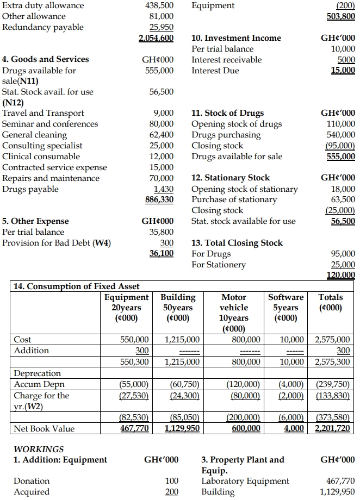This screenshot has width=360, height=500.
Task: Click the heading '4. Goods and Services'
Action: [x=46, y=59]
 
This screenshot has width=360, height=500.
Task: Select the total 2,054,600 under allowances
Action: [x=156, y=38]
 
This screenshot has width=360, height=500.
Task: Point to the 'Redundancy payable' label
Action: [x=44, y=27]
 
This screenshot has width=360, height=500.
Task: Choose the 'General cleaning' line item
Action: [x=35, y=135]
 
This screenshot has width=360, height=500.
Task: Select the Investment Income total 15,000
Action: [x=343, y=71]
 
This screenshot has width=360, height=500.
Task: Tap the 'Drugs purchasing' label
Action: [x=226, y=135]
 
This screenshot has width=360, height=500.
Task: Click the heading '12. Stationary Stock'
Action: [x=231, y=178]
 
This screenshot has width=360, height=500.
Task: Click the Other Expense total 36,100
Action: [x=162, y=254]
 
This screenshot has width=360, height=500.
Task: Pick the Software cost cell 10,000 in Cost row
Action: [x=293, y=340]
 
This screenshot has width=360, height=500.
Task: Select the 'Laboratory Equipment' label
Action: [x=245, y=481]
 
